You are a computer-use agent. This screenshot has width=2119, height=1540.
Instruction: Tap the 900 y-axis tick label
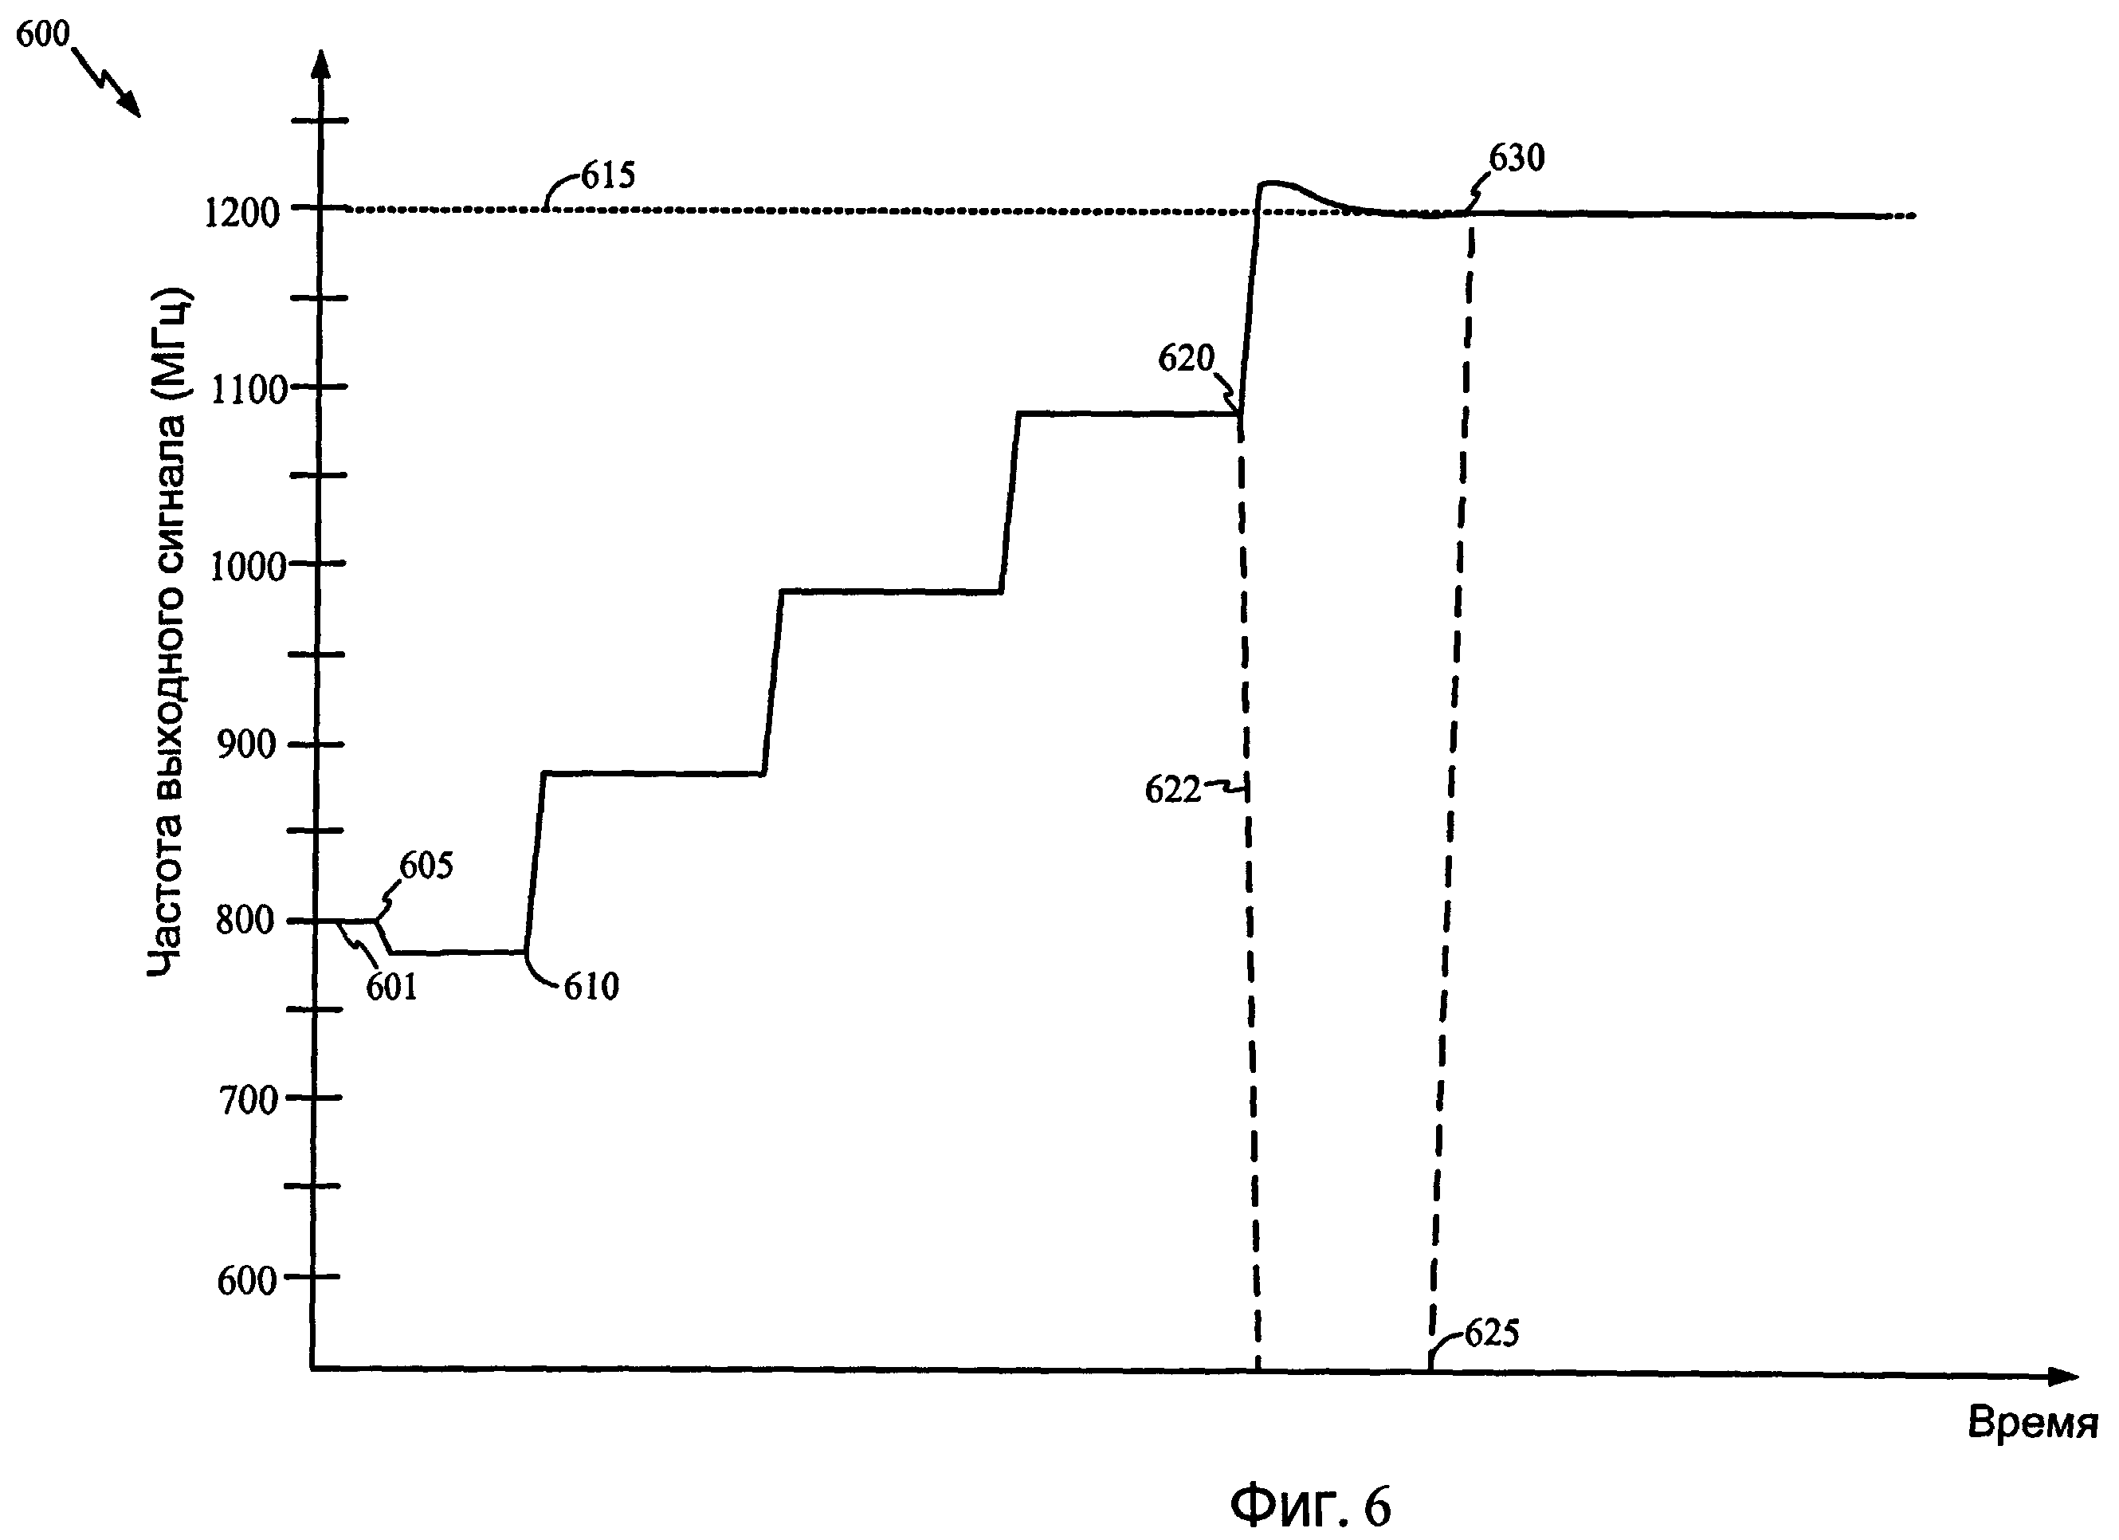pos(247,744)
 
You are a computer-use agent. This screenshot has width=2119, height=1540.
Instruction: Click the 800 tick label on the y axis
pos(245,921)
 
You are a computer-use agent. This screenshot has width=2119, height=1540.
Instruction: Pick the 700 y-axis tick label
pos(248,1100)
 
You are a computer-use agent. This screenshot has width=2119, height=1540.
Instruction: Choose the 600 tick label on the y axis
pos(248,1280)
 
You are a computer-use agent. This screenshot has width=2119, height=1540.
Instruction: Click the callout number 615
pos(608,175)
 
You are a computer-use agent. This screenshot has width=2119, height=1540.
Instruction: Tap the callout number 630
pos(1517,159)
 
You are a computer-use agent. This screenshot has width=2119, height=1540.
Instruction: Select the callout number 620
pos(1186,358)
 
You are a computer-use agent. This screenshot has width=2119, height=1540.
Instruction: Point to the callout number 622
pos(1172,791)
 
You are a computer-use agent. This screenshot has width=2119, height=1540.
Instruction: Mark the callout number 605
pos(426,866)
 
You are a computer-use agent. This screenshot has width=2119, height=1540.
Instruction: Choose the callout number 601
pos(390,987)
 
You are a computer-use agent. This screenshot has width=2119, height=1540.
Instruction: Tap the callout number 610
pos(591,987)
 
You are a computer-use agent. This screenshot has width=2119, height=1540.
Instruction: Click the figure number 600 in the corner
pos(43,34)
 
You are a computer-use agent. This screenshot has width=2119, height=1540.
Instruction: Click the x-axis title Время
pos(2032,1423)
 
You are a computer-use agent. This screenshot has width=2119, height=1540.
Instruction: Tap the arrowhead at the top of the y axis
pos(321,64)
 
